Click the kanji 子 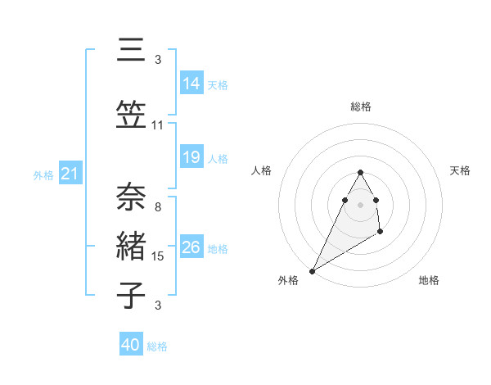131,293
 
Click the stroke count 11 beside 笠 158,125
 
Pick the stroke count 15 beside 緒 158,256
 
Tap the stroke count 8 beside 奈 158,207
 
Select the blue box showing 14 191,84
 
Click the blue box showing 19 191,157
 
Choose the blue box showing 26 191,247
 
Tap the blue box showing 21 70,174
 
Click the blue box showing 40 131,345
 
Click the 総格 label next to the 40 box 157,346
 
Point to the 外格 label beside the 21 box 43,174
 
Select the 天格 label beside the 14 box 217,84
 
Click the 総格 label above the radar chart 360,106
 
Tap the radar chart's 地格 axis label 429,281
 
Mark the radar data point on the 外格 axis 312,271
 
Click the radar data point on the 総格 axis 360,173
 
